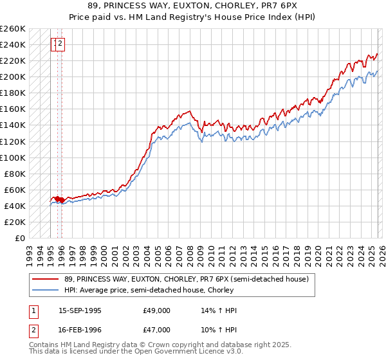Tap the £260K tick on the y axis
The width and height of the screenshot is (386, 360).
[x=13, y=29]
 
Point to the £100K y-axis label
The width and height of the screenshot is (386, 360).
[x=13, y=157]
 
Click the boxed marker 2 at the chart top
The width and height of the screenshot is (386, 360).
[x=60, y=44]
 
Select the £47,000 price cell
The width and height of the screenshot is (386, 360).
[x=156, y=331]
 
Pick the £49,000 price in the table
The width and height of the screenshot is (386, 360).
[x=156, y=310]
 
